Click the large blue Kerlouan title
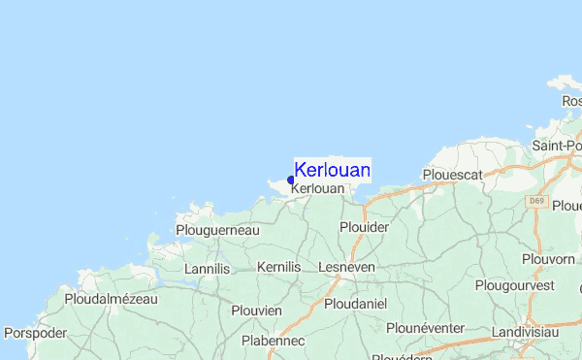332,170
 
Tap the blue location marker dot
291,180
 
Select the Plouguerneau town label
218,230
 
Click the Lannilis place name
210,267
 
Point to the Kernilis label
279,266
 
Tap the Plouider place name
364,227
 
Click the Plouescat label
453,175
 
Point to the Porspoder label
35,333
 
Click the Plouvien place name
256,311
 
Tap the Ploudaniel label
355,305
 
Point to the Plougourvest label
515,285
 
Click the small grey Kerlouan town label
317,188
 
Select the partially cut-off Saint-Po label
557,146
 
